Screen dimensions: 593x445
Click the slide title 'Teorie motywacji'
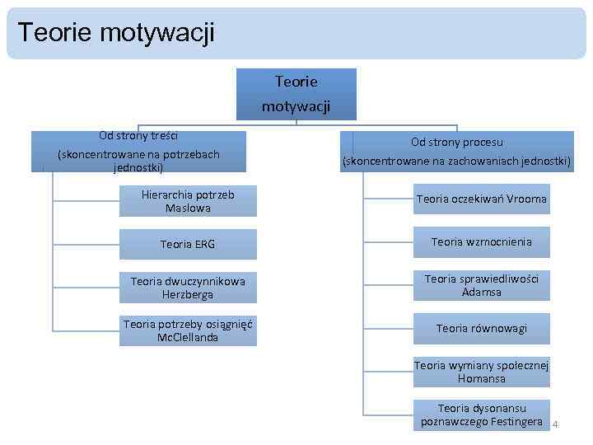coord(115,33)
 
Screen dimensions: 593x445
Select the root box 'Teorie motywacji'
coord(296,94)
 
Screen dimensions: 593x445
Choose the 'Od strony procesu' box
coord(457,152)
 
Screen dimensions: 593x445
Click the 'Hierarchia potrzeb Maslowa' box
coord(188,202)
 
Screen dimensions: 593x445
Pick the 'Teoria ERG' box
coord(188,244)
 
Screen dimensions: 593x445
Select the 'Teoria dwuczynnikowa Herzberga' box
coord(188,288)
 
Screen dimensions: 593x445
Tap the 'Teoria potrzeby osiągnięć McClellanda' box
coord(188,330)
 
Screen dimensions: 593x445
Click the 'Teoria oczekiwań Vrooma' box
coord(482,199)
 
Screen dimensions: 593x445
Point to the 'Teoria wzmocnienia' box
coord(482,242)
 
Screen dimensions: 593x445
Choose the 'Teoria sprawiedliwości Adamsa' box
coord(482,285)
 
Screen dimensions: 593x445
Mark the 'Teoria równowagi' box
coord(482,328)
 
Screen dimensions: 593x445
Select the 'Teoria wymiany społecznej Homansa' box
coord(482,372)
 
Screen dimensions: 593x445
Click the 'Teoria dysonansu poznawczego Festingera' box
coord(482,415)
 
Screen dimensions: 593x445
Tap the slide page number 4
coord(556,424)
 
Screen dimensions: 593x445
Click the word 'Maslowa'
coord(188,209)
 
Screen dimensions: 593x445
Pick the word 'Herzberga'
coord(188,295)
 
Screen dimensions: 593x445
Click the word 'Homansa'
coord(482,379)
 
